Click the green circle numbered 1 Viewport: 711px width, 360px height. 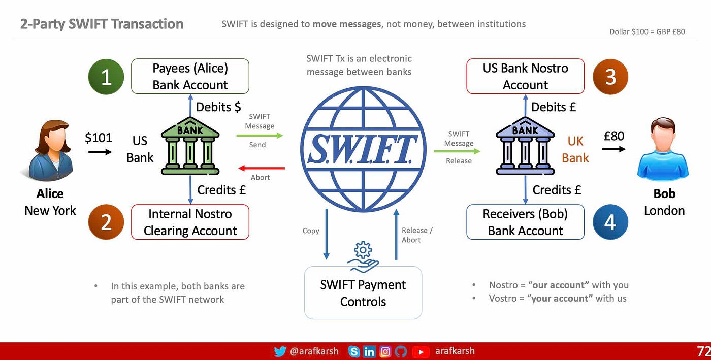tap(106, 77)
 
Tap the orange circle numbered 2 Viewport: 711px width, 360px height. tap(106, 222)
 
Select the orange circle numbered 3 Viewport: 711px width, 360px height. tap(610, 77)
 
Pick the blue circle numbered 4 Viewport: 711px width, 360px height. tap(610, 222)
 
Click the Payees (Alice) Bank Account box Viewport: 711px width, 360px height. tap(190, 77)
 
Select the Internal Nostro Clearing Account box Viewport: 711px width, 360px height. tap(190, 222)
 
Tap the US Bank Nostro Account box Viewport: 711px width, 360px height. tap(525, 77)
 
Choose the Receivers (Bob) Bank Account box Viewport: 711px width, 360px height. tap(525, 222)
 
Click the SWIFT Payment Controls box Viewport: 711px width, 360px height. tap(363, 293)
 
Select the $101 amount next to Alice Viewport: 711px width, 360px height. tap(99, 137)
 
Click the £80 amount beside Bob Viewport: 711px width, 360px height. tap(614, 136)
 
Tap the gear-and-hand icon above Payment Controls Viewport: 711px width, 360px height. tap(363, 257)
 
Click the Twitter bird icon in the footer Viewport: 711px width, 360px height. tap(280, 351)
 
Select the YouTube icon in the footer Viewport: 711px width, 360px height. tap(420, 351)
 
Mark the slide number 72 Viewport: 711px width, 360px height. tap(703, 351)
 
